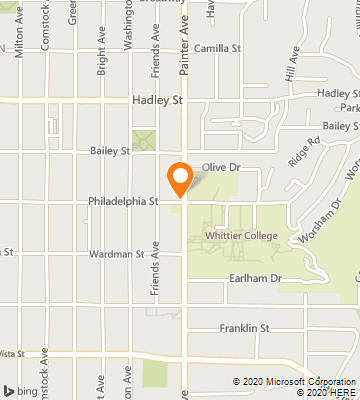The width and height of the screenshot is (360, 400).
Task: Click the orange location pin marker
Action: point(180,178)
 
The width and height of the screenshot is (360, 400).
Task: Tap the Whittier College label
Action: point(241,235)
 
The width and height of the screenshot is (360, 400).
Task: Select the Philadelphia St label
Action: point(124,201)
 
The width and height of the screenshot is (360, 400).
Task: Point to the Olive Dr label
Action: point(216,168)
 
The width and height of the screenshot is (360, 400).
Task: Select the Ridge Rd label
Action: point(303,153)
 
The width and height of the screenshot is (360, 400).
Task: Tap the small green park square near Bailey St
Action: point(144,141)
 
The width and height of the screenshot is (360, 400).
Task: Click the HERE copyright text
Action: point(328,392)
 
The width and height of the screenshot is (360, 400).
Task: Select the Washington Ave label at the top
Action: point(128,25)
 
